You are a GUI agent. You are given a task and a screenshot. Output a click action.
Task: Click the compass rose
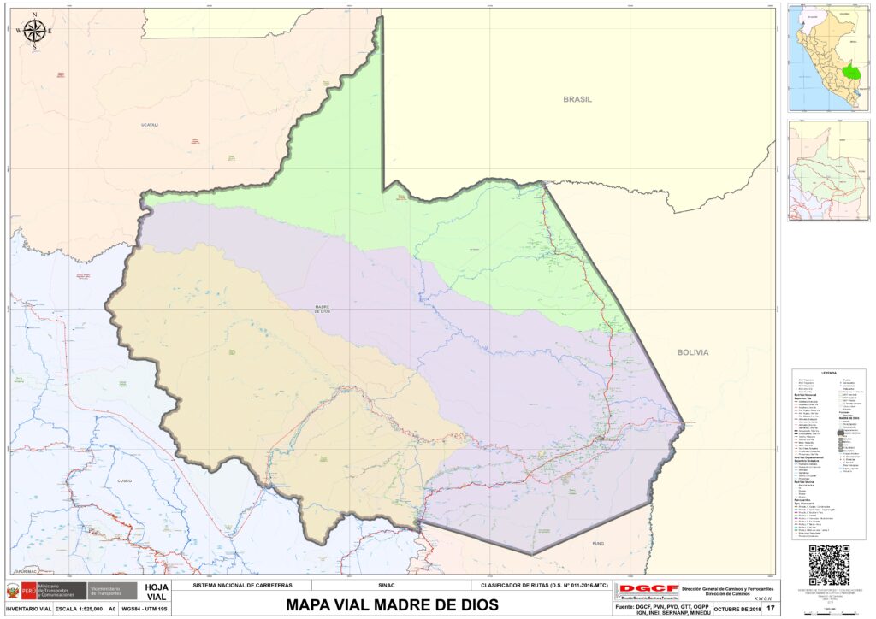[34, 32]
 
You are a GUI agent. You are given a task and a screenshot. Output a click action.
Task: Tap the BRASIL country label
[577, 99]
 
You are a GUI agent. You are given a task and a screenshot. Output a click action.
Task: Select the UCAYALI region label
[150, 125]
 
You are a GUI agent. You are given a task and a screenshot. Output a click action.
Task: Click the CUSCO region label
[118, 480]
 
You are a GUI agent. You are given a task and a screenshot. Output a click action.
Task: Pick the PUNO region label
[598, 542]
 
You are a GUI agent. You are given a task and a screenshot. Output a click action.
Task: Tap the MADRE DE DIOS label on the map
[323, 309]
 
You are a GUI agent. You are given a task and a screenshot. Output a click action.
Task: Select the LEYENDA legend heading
[828, 373]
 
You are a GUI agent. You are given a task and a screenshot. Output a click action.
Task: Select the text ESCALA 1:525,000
[80, 609]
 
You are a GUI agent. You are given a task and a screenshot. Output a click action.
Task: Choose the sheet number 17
[771, 609]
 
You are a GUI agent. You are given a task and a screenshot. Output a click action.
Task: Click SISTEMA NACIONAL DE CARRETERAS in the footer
[242, 586]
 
